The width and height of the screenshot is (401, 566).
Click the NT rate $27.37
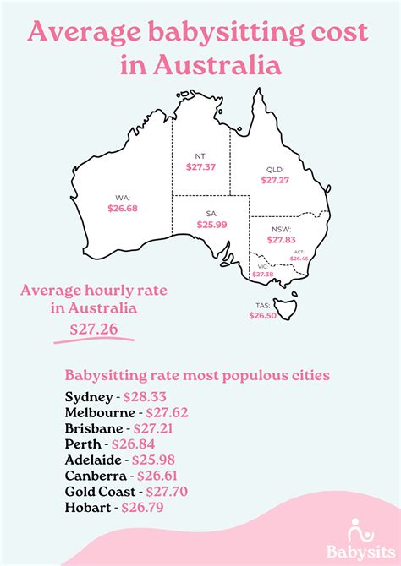click(x=200, y=168)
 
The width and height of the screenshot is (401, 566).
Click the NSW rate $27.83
click(x=281, y=240)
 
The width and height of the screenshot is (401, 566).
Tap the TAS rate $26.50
click(x=263, y=314)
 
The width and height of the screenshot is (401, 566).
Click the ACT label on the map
click(x=299, y=252)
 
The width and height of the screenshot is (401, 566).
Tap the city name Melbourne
click(x=99, y=412)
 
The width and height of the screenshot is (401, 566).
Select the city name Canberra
click(x=96, y=476)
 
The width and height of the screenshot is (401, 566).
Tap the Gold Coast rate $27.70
click(x=167, y=492)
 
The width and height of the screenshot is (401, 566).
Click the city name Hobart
click(x=87, y=508)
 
